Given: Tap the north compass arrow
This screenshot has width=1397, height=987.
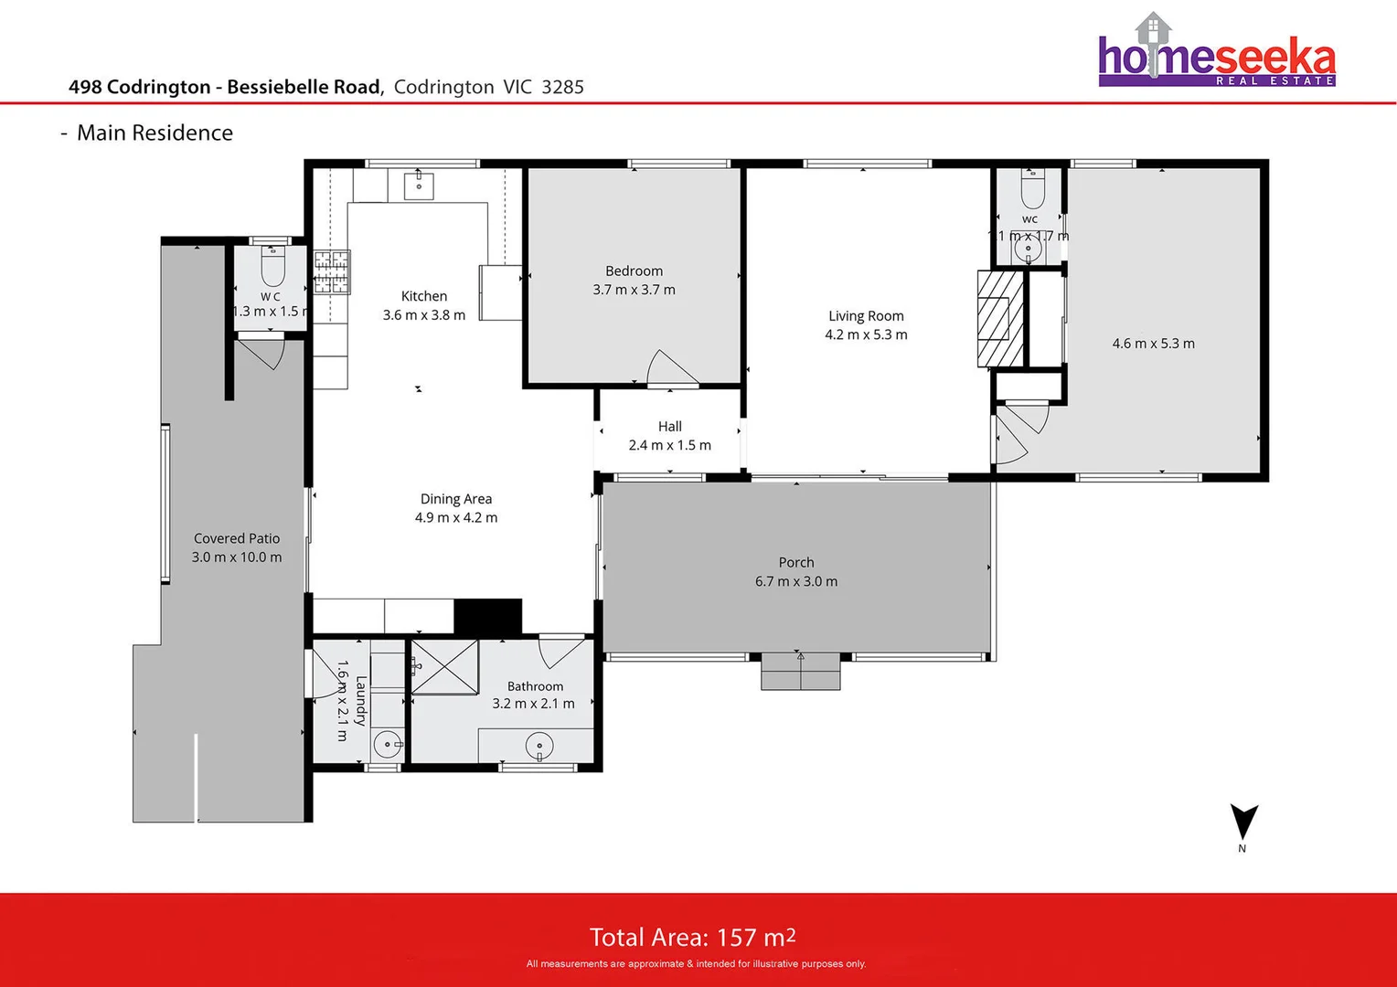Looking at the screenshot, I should [x=1243, y=822].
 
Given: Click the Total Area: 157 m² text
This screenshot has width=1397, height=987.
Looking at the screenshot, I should [x=692, y=937].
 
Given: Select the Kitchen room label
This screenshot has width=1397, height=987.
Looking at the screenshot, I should [x=424, y=296].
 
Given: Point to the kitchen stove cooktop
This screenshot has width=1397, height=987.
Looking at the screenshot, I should [x=332, y=272].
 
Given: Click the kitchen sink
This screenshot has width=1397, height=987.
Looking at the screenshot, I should [x=419, y=185].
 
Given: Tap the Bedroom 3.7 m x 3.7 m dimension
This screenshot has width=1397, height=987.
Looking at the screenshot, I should [x=634, y=290].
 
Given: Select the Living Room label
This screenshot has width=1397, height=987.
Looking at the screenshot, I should [x=866, y=316].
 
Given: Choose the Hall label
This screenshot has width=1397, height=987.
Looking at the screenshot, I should [x=669, y=427].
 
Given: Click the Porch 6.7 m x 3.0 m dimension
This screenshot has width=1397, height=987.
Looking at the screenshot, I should [x=795, y=581].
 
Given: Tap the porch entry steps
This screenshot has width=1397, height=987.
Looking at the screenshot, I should [x=800, y=672].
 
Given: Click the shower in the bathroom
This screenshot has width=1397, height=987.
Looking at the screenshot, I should [x=444, y=667].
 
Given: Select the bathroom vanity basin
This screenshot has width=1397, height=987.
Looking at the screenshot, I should [x=539, y=746].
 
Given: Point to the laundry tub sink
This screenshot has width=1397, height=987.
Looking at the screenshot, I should [x=388, y=744].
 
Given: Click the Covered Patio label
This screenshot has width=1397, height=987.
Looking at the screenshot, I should [x=237, y=538].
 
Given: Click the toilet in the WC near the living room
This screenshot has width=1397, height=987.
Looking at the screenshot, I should [x=1032, y=191].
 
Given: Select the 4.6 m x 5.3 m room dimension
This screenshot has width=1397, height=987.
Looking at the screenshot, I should [x=1153, y=344].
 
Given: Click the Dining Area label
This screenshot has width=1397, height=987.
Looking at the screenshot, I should [x=455, y=499].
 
